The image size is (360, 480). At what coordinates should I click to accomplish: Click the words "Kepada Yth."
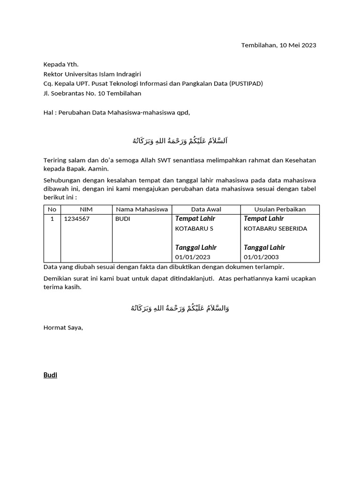[61, 65]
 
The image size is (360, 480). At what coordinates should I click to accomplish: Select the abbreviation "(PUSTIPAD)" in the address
[246, 84]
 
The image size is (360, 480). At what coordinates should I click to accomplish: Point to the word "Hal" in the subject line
[48, 112]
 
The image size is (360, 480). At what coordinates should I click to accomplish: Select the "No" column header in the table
[52, 210]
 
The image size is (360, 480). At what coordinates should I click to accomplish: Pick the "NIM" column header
[86, 210]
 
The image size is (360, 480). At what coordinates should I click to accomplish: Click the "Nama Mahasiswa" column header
[142, 210]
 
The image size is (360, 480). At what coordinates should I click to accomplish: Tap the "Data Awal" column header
[206, 210]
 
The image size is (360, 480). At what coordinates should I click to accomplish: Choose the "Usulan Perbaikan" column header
[280, 210]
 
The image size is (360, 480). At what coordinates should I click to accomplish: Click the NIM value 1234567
[76, 219]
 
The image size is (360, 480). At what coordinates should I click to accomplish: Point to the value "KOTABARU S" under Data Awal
[194, 228]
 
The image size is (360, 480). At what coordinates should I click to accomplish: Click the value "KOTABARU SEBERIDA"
[276, 228]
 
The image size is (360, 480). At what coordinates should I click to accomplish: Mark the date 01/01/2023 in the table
[193, 257]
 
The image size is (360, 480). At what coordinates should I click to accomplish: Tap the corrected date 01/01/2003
[262, 257]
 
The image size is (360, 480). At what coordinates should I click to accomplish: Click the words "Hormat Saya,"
[63, 328]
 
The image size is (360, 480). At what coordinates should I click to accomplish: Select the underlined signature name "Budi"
[50, 375]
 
